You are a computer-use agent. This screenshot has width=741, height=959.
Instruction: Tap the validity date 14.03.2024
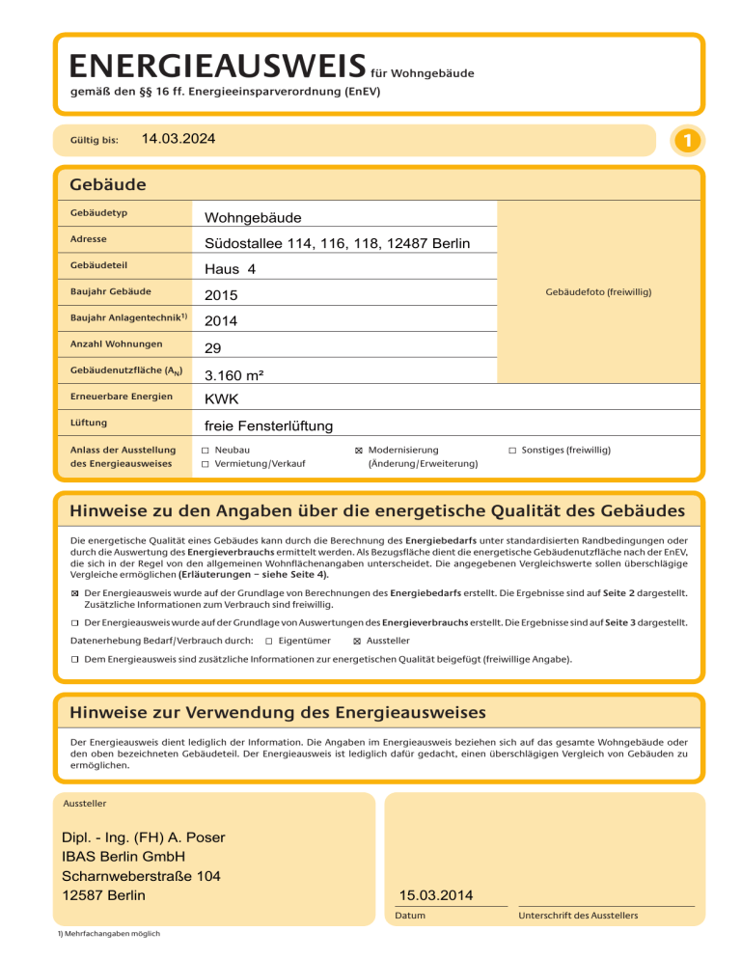pyautogui.click(x=178, y=140)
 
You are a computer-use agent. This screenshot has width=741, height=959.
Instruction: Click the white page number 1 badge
pyautogui.click(x=684, y=141)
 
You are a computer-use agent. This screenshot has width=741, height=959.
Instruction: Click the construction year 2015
pyautogui.click(x=221, y=295)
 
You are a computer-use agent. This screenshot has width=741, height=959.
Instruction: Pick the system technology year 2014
pyautogui.click(x=221, y=321)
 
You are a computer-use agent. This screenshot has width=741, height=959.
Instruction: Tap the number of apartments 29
pyautogui.click(x=212, y=347)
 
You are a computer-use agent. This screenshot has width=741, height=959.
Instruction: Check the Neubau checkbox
pyautogui.click(x=206, y=451)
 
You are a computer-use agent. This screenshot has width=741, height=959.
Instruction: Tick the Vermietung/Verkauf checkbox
pyautogui.click(x=206, y=464)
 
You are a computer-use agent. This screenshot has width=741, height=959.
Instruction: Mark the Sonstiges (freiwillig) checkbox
pyautogui.click(x=512, y=451)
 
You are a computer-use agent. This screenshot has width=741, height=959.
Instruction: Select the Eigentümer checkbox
pyautogui.click(x=268, y=640)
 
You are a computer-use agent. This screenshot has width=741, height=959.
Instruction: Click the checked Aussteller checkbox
pyautogui.click(x=357, y=640)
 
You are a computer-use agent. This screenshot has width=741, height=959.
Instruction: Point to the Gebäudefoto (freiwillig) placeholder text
pyautogui.click(x=598, y=290)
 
